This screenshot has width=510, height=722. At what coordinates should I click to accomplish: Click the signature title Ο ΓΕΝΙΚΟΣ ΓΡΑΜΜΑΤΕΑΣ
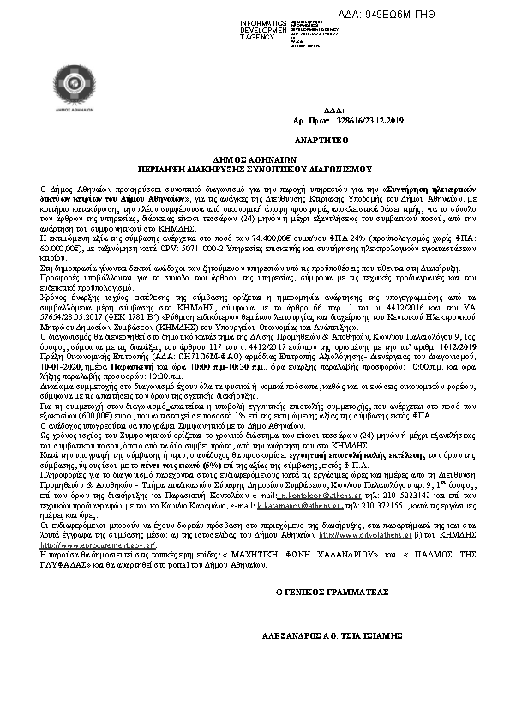pos(332,592)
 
